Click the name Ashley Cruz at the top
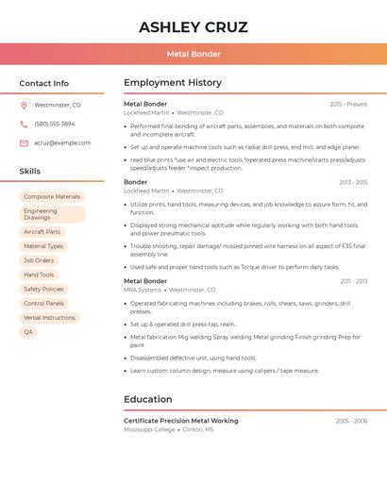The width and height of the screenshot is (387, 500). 193,27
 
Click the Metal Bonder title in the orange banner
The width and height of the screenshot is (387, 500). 193,55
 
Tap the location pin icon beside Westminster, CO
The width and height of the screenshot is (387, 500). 24,106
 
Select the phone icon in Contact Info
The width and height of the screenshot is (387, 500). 24,124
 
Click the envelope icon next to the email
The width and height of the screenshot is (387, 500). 24,143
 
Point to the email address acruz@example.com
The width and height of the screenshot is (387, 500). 62,143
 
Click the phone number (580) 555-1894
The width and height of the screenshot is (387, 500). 55,124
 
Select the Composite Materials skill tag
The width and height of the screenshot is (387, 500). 52,197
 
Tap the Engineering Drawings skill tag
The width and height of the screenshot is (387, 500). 52,214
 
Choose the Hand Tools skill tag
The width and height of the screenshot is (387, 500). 39,275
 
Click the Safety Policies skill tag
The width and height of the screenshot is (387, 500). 43,289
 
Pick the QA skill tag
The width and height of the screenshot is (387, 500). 28,332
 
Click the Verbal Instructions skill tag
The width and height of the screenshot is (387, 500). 49,318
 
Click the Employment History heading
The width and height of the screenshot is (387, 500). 173,83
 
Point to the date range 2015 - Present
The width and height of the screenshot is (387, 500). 348,104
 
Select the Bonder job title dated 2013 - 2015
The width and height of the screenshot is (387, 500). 136,182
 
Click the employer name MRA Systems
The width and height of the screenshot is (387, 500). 143,290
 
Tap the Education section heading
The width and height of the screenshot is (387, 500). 148,399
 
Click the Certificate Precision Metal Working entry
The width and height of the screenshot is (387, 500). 181,421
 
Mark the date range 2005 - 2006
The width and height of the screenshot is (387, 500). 351,421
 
